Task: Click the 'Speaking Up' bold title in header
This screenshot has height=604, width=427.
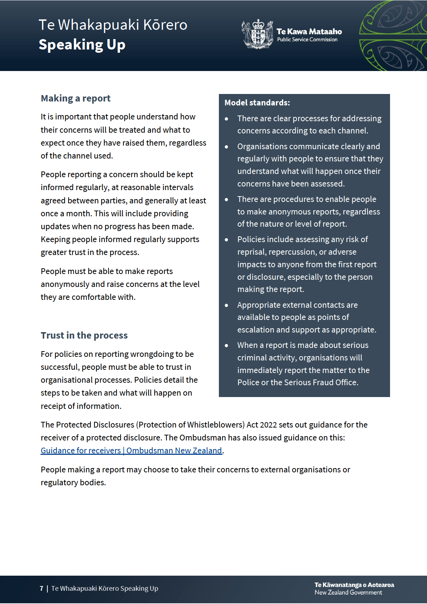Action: pos(82,45)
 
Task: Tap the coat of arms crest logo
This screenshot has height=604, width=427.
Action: pos(257,34)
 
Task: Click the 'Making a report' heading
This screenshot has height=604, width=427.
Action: pos(76,98)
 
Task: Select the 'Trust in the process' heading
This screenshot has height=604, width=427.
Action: pos(84,335)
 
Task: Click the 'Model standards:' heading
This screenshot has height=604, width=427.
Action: pos(257,103)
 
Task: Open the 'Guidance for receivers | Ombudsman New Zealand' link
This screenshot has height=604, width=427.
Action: pos(131,450)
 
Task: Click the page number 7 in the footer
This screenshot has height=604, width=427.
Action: pos(42,589)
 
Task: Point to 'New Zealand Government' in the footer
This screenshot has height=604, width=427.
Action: pos(348,593)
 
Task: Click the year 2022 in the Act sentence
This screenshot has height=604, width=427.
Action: pos(268,425)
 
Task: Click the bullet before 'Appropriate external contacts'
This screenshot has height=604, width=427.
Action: pos(226,305)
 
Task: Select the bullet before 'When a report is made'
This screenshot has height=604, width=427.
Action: pos(226,345)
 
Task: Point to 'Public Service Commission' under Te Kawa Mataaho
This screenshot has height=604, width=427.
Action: pos(307,40)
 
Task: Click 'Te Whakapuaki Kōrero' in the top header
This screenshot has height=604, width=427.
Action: pos(113,25)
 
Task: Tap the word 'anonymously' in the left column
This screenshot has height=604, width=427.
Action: pos(65,284)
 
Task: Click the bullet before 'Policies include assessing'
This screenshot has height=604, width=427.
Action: pos(226,240)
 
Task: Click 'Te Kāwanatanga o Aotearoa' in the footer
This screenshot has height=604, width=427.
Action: pos(354,585)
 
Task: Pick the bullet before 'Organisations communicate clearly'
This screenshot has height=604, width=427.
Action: pos(226,147)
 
